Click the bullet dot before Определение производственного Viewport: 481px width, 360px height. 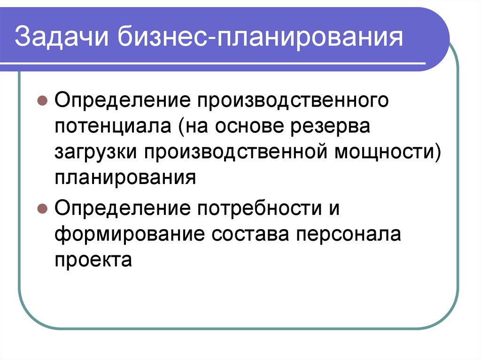[x=42, y=101]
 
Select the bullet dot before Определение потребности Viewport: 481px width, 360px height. [x=42, y=207]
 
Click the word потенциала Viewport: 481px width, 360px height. [x=111, y=127]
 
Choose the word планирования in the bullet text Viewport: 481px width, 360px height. [x=124, y=179]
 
